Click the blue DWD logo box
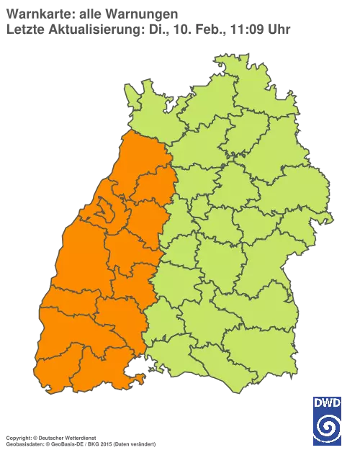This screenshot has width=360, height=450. [x=327, y=420]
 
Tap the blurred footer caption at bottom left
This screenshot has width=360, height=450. [x=79, y=438]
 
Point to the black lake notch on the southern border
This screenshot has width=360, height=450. [x=135, y=372]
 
